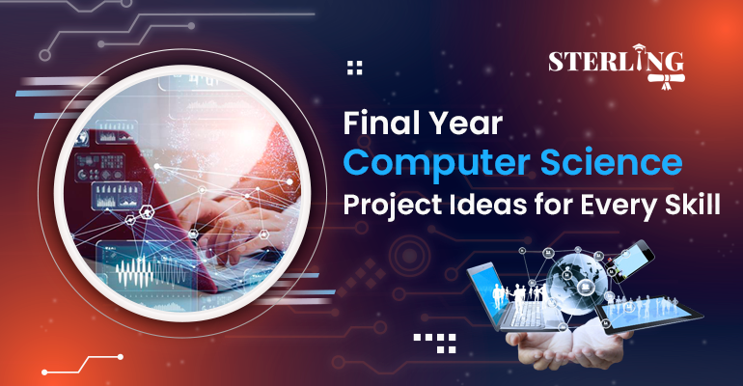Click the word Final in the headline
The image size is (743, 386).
(375, 123)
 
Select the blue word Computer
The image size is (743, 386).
(436, 164)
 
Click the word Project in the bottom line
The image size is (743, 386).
(393, 206)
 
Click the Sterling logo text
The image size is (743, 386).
(616, 62)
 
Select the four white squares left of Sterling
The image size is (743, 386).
(354, 68)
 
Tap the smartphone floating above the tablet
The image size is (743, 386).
(630, 262)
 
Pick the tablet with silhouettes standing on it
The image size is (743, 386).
(648, 314)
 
